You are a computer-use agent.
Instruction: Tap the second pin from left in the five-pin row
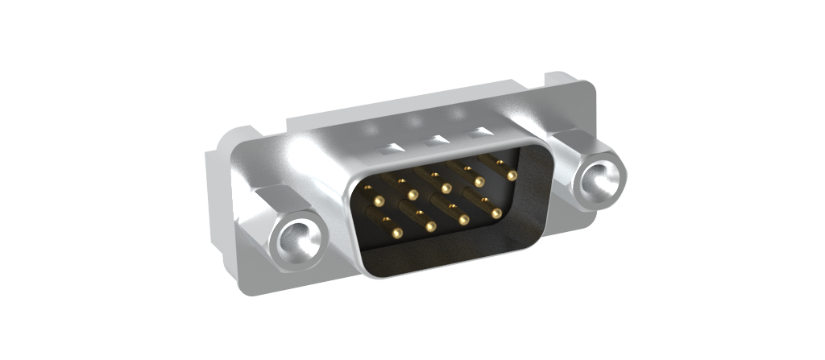(412, 195)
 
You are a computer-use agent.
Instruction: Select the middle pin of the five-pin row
(446, 188)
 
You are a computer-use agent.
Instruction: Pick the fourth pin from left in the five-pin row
(479, 182)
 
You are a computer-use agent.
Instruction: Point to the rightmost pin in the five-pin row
(512, 175)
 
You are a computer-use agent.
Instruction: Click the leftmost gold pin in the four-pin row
(396, 234)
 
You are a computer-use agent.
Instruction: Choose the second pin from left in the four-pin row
(430, 227)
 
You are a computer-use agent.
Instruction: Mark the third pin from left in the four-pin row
(463, 220)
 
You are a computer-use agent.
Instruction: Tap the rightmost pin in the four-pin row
(496, 213)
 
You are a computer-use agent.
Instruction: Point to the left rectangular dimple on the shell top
(390, 149)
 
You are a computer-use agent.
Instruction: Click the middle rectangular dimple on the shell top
(436, 140)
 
